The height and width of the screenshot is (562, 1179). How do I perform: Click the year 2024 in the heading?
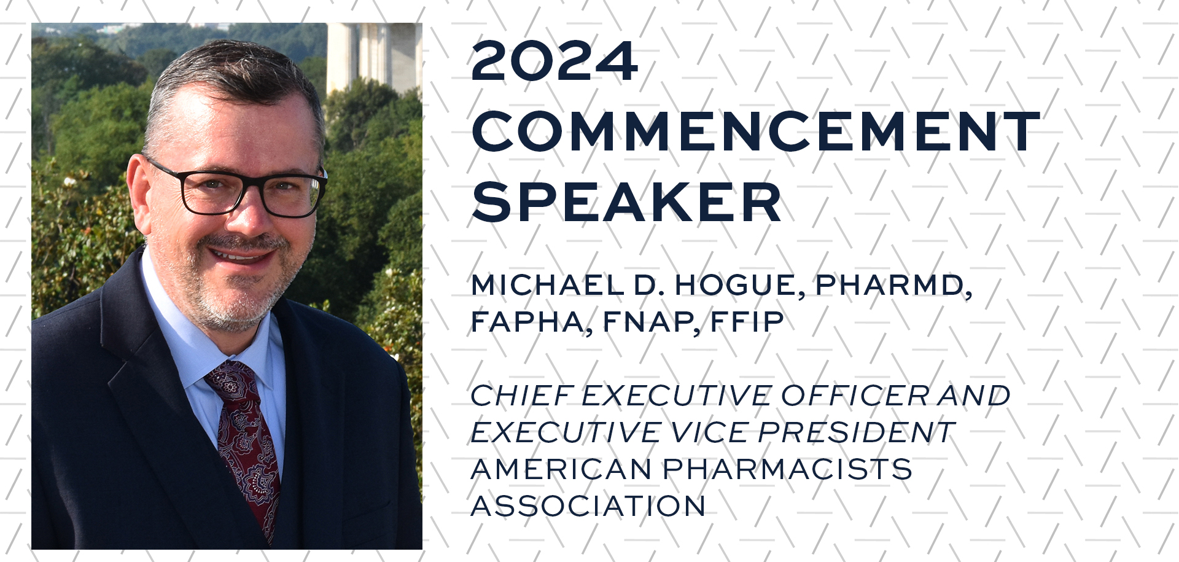[x=554, y=61]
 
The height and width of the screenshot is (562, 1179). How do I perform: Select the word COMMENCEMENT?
[x=755, y=131]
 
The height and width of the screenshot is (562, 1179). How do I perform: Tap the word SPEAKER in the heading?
[x=626, y=202]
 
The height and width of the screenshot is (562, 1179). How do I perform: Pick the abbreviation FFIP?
[x=747, y=321]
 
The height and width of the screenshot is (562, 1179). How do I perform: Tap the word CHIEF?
[x=523, y=396]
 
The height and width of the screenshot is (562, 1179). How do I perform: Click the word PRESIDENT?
[x=855, y=432]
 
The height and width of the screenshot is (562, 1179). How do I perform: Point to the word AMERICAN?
[x=561, y=469]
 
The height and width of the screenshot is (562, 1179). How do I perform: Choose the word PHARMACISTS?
[x=787, y=469]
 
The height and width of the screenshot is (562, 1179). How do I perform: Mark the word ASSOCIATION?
[x=588, y=506]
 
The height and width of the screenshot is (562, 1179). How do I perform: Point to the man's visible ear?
[x=139, y=190]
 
